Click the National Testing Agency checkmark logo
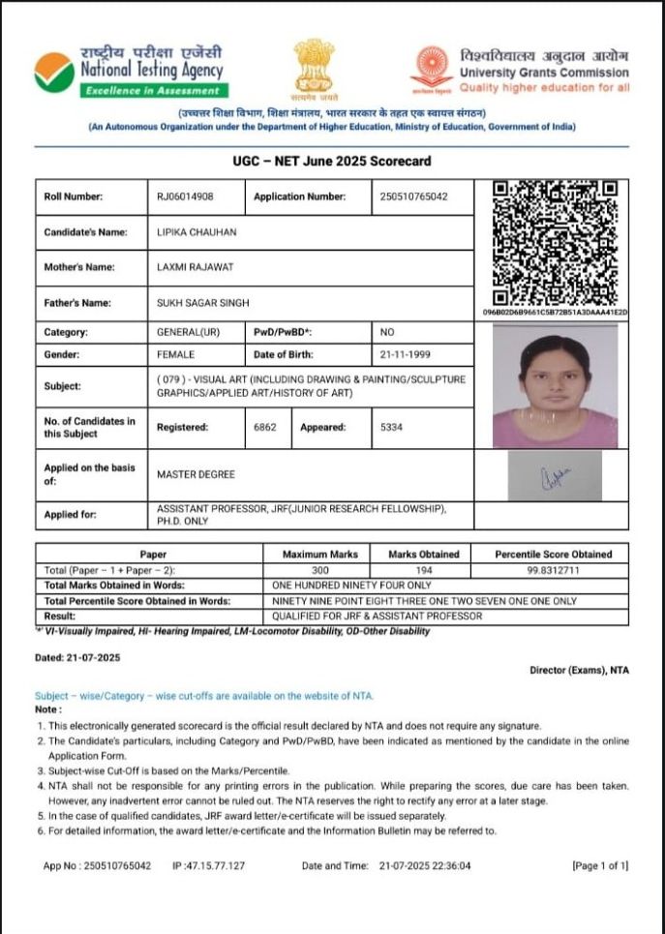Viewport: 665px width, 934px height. coord(53,72)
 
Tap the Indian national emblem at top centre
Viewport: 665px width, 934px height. coord(315,69)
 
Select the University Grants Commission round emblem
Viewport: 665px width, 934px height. coord(432,69)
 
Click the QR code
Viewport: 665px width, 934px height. coord(556,242)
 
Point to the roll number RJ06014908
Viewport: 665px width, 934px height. coord(185,196)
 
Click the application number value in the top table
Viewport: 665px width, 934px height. coord(414,196)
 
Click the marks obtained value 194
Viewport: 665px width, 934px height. coord(422,570)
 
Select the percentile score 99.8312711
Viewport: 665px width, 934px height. coord(554,570)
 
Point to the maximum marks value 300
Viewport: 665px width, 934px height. coord(319,570)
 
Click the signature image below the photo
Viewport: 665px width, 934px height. coord(555,475)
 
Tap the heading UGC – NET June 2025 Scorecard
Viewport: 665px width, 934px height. coord(332,161)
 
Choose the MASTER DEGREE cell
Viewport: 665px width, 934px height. coord(196,474)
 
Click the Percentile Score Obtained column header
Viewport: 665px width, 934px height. coord(554,555)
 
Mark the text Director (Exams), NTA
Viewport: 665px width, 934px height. coord(579,670)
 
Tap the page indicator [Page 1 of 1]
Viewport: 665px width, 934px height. coord(600,865)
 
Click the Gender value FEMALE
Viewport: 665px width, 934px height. coord(175,354)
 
